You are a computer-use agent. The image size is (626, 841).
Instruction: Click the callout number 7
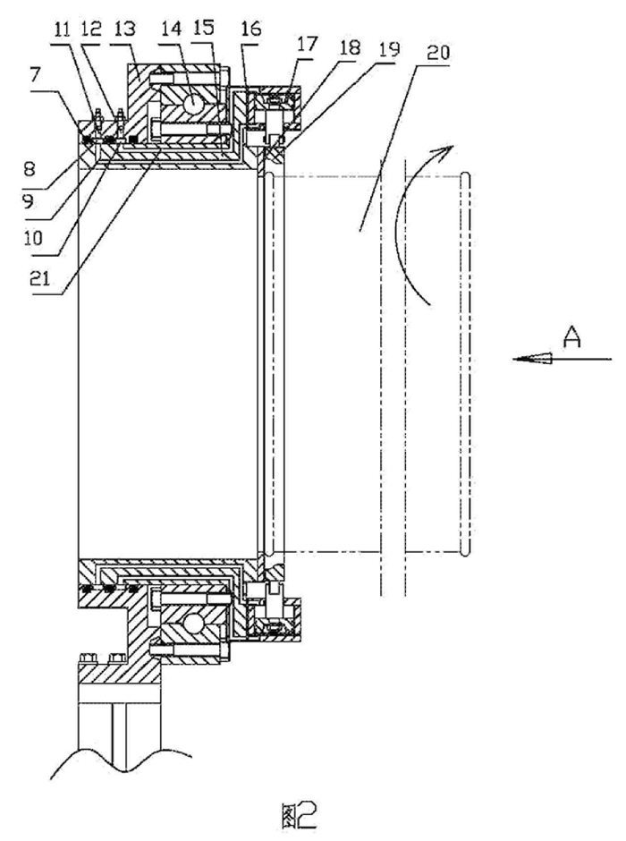pos(36,75)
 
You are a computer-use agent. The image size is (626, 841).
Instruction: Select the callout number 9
pos(28,201)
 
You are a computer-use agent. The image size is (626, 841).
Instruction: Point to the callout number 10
pos(34,237)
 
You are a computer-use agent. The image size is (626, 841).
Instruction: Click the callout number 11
pos(62,29)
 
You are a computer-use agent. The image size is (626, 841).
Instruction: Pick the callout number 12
pos(91,28)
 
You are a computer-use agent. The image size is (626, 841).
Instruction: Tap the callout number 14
pos(172,29)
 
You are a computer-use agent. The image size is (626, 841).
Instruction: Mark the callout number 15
pos(204,28)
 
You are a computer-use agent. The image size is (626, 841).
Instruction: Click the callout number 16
pos(250,28)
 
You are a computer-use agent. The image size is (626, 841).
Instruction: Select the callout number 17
pos(308,44)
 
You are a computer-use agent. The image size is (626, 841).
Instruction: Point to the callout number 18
pos(350,47)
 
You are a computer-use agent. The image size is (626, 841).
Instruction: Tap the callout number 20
pos(439,53)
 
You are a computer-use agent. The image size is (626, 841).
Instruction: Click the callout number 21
pos(39,278)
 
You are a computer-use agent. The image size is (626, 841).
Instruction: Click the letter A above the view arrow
pos(572,337)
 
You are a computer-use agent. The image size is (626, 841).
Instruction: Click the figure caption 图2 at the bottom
pos(298,816)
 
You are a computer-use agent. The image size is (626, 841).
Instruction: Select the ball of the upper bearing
pos(193,101)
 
